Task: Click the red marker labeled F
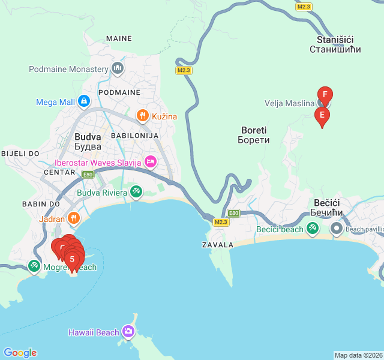[x=325, y=95]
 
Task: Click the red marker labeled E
[x=322, y=115]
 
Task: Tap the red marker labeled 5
[x=73, y=259]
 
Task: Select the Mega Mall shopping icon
[x=83, y=101]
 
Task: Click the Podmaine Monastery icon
[x=117, y=69]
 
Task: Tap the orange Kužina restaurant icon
[x=142, y=116]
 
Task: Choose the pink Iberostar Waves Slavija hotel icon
[x=150, y=161]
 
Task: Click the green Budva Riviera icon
[x=136, y=192]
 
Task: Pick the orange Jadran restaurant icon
[x=74, y=219]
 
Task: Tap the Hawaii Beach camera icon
[x=128, y=332]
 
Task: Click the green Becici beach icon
[x=312, y=229]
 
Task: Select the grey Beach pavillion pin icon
[x=337, y=229]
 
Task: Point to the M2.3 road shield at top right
[x=304, y=6]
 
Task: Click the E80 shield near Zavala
[x=234, y=212]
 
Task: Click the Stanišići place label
[x=335, y=44]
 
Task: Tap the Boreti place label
[x=255, y=134]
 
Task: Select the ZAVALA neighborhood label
[x=217, y=245]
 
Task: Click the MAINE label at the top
[x=119, y=38]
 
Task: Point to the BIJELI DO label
[x=20, y=154]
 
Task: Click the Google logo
[x=20, y=353]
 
